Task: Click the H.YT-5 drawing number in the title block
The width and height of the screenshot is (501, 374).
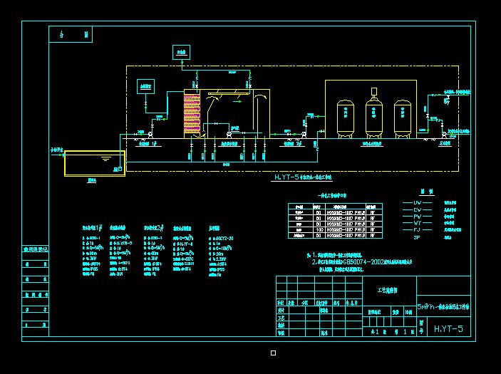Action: (x=449, y=328)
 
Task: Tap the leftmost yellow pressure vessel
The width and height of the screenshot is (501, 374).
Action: (x=347, y=116)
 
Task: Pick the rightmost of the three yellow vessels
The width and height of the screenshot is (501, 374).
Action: (x=403, y=116)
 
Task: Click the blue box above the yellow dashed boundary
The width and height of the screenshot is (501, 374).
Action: (x=182, y=52)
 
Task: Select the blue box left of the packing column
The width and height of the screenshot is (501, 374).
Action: (x=146, y=87)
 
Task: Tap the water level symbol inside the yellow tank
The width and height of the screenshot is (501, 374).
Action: (x=105, y=157)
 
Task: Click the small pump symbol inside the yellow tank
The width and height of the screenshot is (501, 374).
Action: (x=118, y=168)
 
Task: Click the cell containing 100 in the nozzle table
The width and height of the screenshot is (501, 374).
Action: (x=318, y=229)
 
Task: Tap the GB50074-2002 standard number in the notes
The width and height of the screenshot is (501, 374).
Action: (x=370, y=262)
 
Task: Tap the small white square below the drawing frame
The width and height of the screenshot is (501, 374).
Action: (x=273, y=353)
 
